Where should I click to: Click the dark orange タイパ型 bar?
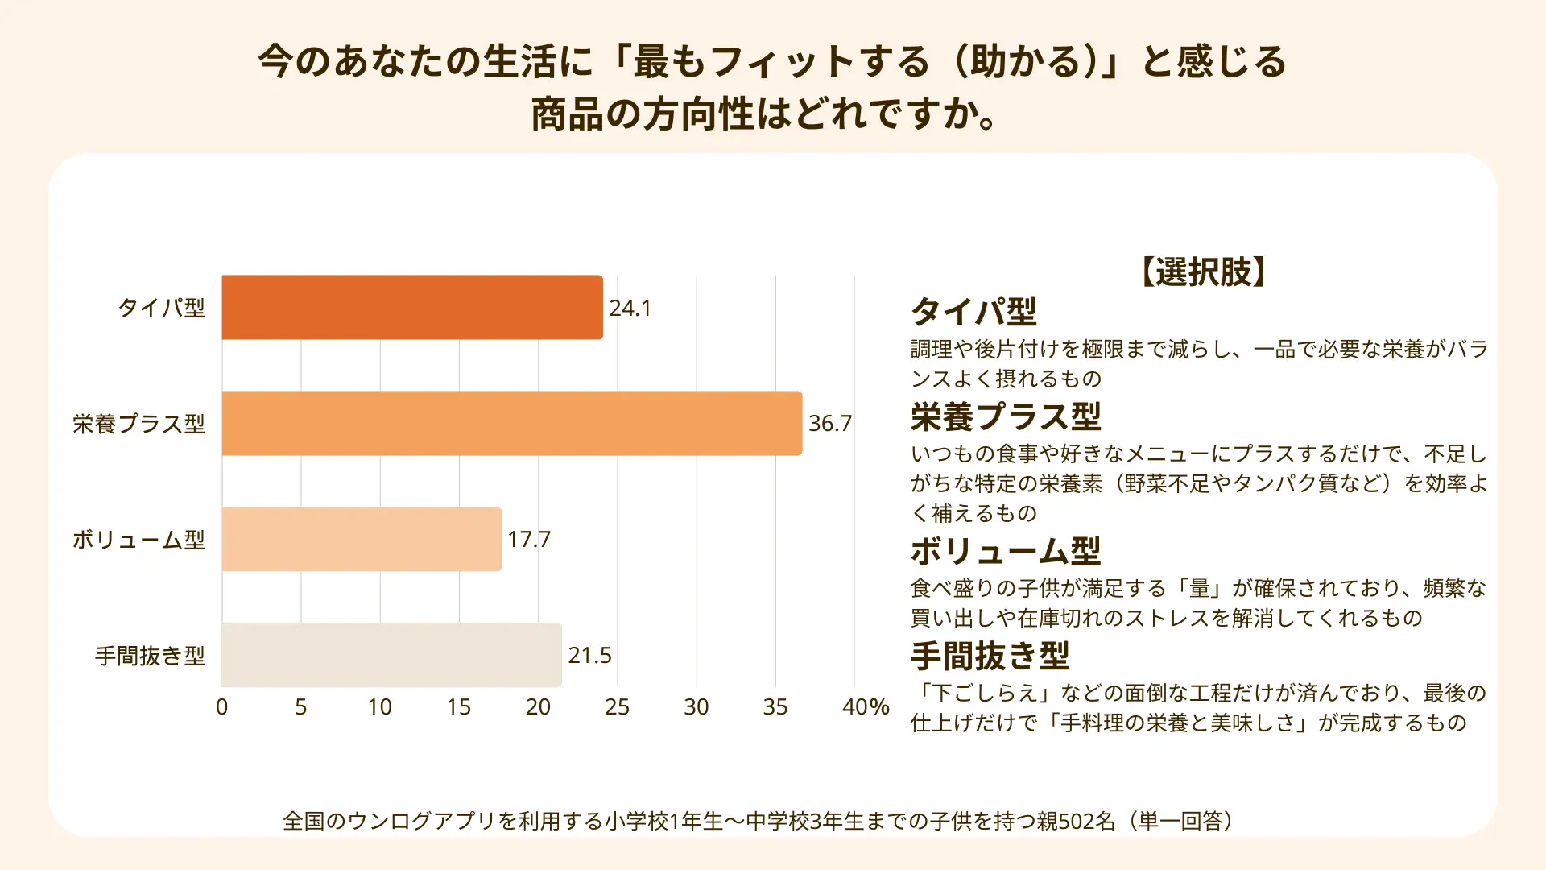(x=411, y=307)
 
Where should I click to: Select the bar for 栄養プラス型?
(x=511, y=423)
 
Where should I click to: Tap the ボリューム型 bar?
(x=362, y=539)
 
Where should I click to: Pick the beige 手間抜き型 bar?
(x=391, y=655)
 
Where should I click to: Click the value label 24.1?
(x=630, y=308)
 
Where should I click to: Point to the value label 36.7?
(x=829, y=423)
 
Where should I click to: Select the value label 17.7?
(x=529, y=539)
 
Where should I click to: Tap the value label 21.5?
(x=589, y=655)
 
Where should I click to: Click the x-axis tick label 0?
(x=222, y=706)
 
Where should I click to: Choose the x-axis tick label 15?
(x=459, y=706)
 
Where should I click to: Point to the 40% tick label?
(x=865, y=706)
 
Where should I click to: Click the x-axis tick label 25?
(x=617, y=706)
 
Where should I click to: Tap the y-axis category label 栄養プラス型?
(x=139, y=424)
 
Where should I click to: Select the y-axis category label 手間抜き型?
(x=151, y=656)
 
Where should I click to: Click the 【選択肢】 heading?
(x=1204, y=271)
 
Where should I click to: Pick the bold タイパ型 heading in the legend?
(x=973, y=312)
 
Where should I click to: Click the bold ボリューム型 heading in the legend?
(x=1006, y=552)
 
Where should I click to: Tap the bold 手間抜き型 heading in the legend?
(x=990, y=656)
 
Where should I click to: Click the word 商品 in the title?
(x=567, y=114)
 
